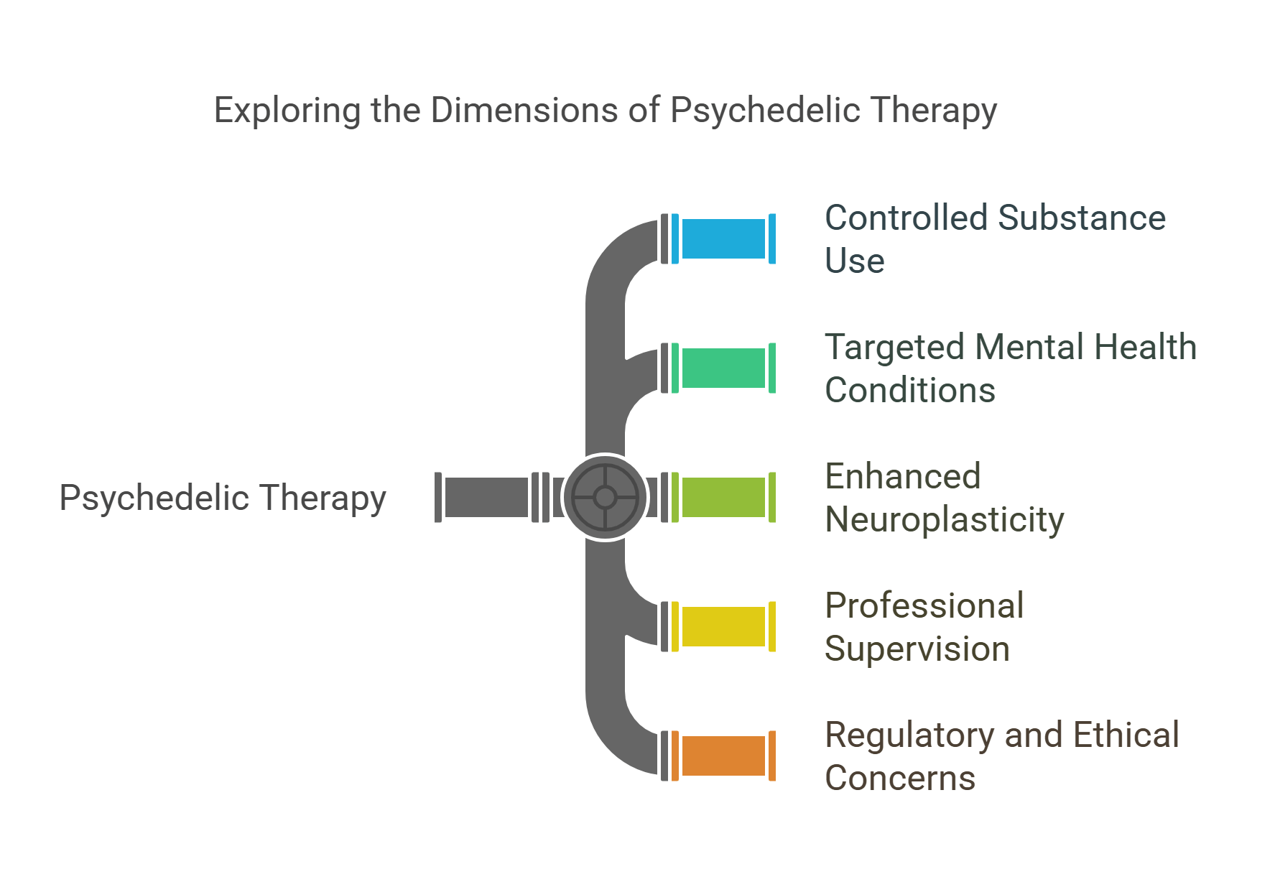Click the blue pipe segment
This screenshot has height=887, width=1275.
[723, 238]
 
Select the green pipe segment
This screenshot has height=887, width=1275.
[723, 368]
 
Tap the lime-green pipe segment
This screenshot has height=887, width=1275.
[723, 497]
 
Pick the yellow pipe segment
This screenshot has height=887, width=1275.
[723, 626]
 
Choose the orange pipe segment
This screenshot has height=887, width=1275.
[723, 756]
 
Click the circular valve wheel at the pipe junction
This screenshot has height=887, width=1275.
[606, 497]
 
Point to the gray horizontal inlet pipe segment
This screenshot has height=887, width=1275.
[486, 497]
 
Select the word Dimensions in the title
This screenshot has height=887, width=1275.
[524, 110]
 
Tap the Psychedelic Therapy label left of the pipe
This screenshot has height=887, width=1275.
[223, 498]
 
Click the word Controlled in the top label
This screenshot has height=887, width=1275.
[906, 218]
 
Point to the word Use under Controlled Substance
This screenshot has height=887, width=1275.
[854, 261]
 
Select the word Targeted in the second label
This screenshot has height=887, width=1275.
[894, 348]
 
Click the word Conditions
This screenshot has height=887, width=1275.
[909, 391]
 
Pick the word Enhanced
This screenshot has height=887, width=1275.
[902, 476]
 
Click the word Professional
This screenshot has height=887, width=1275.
[924, 605]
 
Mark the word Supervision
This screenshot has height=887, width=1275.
[917, 649]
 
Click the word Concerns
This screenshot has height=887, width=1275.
[899, 779]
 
